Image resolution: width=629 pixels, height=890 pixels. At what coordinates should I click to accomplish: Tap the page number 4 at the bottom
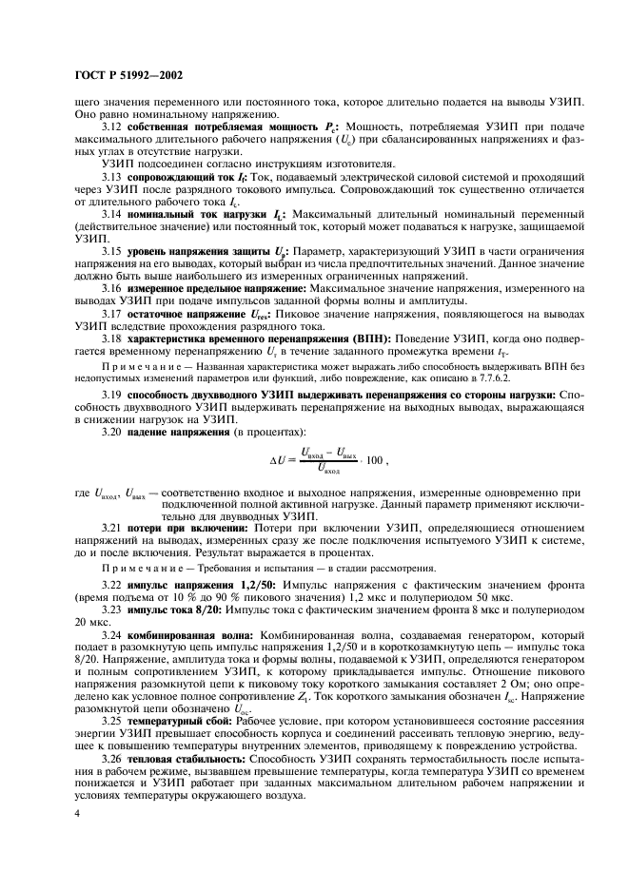77,814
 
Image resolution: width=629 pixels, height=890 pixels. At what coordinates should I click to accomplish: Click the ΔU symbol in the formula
279,459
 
